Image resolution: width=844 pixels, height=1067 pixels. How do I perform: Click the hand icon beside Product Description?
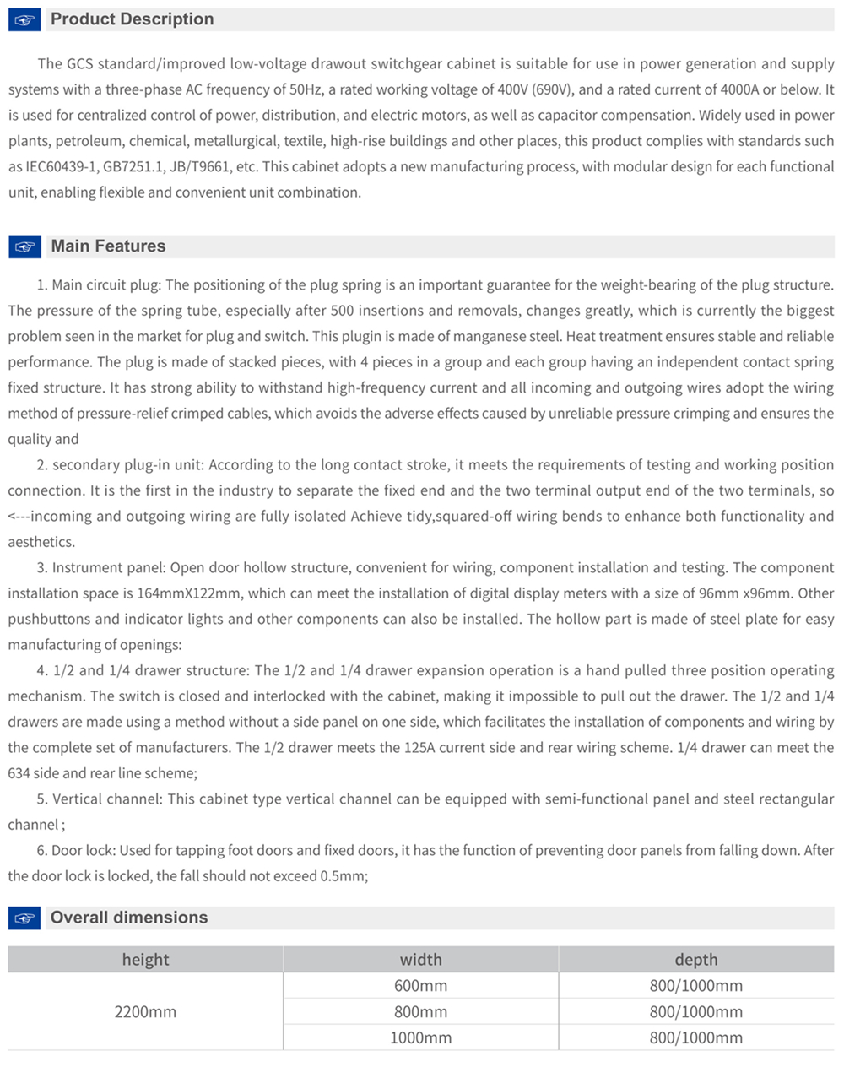pyautogui.click(x=24, y=20)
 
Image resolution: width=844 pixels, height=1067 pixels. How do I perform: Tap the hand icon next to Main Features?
pyautogui.click(x=24, y=247)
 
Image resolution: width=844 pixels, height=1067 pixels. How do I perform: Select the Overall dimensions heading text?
pyautogui.click(x=128, y=918)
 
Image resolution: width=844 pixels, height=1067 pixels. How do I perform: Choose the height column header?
pyautogui.click(x=145, y=960)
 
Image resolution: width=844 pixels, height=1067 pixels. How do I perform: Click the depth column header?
pyautogui.click(x=695, y=960)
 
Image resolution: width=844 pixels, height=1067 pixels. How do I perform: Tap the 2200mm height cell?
pyautogui.click(x=145, y=1011)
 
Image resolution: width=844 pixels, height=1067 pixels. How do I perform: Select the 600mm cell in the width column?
pyautogui.click(x=420, y=986)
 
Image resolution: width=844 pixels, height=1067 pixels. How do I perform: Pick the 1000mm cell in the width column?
pyautogui.click(x=420, y=1037)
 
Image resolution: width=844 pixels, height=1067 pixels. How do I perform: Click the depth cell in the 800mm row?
pyautogui.click(x=695, y=1011)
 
